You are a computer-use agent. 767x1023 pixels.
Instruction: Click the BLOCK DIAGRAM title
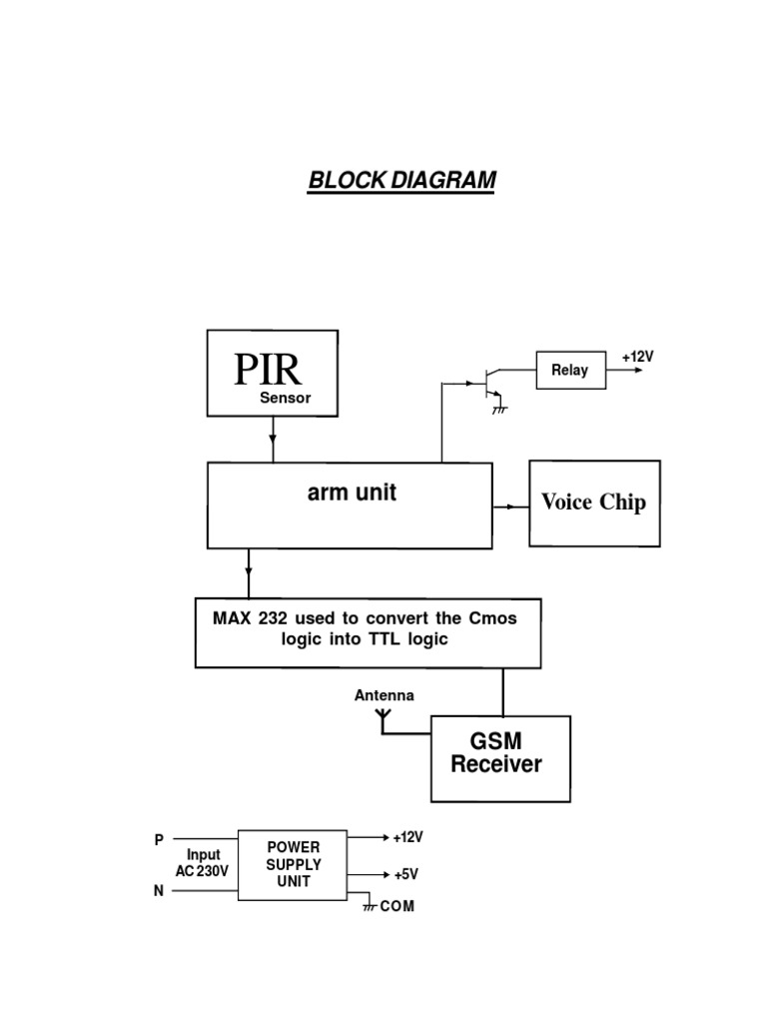click(401, 181)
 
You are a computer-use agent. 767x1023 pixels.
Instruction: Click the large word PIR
click(268, 370)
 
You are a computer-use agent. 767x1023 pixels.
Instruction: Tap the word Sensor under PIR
click(286, 398)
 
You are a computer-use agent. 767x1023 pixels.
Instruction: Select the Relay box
click(570, 370)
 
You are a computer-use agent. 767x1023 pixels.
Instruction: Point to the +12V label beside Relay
click(638, 356)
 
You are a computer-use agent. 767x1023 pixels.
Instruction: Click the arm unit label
click(352, 493)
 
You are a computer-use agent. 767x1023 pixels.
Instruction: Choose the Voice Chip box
click(594, 503)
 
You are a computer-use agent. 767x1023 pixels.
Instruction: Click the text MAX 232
click(244, 618)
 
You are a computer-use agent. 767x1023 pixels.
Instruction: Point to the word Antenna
click(383, 695)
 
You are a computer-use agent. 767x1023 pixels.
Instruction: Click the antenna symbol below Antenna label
click(383, 716)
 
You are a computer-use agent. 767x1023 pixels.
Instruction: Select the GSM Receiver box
click(500, 758)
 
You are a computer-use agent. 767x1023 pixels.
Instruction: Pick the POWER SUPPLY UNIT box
click(294, 864)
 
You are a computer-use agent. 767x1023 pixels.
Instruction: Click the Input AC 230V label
click(203, 863)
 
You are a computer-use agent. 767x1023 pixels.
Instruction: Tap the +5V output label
click(405, 874)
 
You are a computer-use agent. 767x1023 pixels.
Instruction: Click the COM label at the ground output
click(396, 906)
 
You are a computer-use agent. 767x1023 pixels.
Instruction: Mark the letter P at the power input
click(159, 841)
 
